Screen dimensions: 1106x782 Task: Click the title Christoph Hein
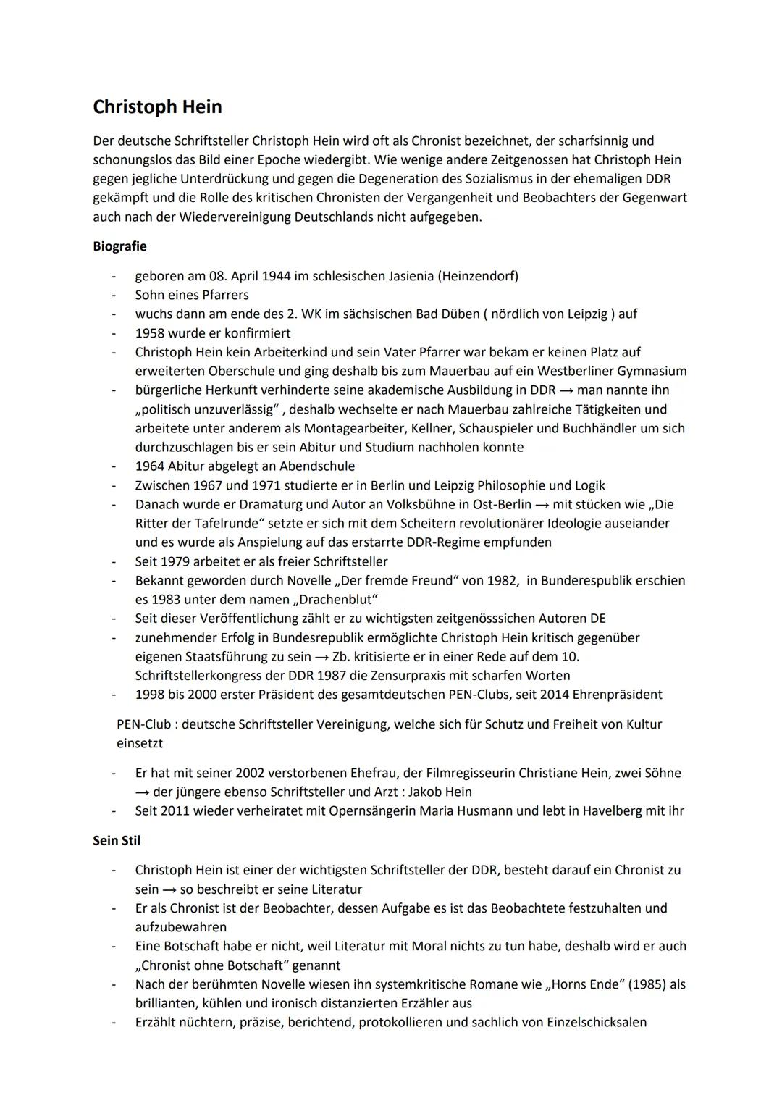coord(157,107)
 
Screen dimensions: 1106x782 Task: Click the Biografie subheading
coord(119,246)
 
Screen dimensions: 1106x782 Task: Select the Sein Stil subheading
coord(117,841)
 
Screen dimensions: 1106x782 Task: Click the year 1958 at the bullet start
coord(150,333)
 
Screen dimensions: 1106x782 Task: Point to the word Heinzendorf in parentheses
coord(479,276)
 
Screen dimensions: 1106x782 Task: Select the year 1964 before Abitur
coord(150,466)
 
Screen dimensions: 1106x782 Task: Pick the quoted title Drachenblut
coord(330,599)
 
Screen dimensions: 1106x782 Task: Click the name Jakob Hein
coord(439,792)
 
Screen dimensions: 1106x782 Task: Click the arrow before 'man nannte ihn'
coord(566,390)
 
